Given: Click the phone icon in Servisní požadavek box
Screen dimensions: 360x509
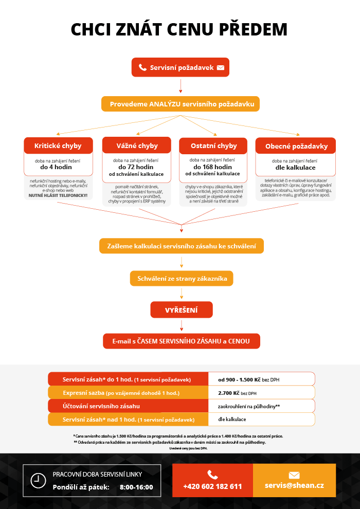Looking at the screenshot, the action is coord(142,67).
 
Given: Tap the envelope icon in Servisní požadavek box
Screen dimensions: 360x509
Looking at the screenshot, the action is coord(221,67).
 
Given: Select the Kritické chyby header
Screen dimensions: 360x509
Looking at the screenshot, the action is coord(58,146).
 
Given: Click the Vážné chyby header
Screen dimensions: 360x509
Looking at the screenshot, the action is coord(137,146).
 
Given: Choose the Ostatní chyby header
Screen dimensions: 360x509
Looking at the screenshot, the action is coord(213,146).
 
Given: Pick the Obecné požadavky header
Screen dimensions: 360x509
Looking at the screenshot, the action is coord(296,146).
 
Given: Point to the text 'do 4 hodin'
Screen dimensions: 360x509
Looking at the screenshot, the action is coord(58,167).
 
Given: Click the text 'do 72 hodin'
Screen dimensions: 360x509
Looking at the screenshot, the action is coord(137,167).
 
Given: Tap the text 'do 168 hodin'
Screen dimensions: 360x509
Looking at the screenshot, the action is coord(213,167).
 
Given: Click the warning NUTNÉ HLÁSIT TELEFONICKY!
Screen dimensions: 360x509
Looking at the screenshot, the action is coord(58,196).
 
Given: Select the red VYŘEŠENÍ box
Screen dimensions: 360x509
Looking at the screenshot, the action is coord(182,310).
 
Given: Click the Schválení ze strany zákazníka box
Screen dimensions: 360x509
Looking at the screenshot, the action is coord(182,279).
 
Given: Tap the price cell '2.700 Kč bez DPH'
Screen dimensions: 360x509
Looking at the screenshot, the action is coord(237,393).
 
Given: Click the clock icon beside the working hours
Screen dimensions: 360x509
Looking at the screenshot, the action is coord(38,480).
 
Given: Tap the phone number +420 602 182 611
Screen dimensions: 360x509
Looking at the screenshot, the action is coord(212,486).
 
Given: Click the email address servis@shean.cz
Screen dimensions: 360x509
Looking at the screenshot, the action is coord(294,485).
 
